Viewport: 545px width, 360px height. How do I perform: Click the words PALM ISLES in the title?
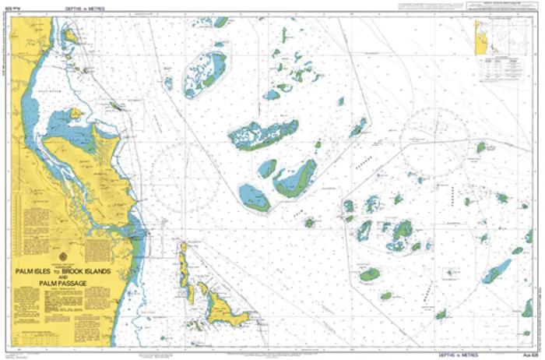pyautogui.click(x=37, y=271)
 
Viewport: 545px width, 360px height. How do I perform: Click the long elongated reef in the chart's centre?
pyautogui.click(x=262, y=135)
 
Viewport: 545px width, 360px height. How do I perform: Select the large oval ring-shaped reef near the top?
pyautogui.click(x=206, y=73)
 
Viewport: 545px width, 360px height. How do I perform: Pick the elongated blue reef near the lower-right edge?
pyautogui.click(x=496, y=271)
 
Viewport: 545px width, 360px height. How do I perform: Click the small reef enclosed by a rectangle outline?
pyautogui.click(x=450, y=274)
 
